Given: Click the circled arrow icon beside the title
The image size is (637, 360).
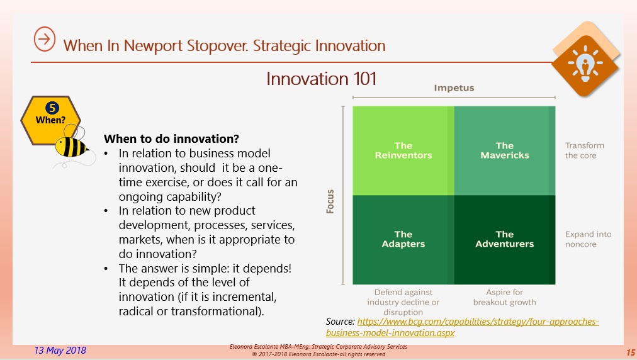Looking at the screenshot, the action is tap(44, 39).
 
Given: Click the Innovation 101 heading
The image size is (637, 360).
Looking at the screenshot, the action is tap(322, 79).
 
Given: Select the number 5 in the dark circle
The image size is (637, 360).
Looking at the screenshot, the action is tap(52, 108).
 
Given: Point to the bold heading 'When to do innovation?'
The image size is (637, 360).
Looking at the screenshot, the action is tap(171, 139).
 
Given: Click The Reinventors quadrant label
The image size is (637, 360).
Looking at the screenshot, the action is tap(403, 150).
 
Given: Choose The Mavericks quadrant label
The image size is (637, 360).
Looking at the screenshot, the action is tap(505, 150).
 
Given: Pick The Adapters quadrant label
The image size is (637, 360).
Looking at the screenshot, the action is tap(403, 239).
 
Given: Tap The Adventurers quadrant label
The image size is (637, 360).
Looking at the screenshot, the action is tap(505, 239).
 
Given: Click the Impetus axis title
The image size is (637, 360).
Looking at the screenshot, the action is tap(454, 88).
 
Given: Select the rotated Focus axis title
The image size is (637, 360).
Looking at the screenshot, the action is tap(330, 201).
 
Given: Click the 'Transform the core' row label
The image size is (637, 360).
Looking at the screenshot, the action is tap(584, 150).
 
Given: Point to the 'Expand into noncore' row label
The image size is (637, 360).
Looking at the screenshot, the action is tap(588, 239).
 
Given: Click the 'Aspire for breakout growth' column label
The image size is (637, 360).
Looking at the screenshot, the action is tap(505, 298).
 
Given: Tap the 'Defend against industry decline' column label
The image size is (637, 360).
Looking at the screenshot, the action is tap(403, 302).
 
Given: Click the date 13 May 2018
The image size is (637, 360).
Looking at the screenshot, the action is tap(60, 351).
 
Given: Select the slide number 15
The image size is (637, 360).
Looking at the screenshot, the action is tap(630, 352).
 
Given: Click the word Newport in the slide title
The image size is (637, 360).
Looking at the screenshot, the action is tap(154, 46).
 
